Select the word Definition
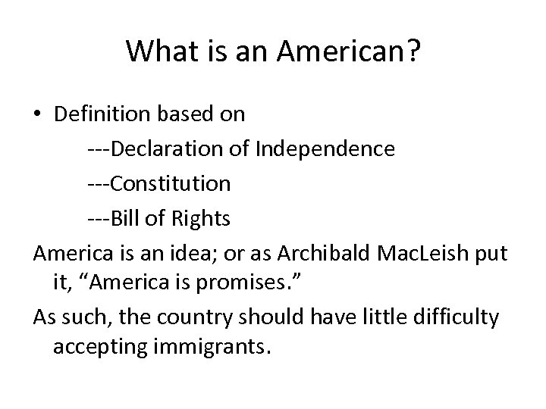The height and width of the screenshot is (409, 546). tap(103, 114)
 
